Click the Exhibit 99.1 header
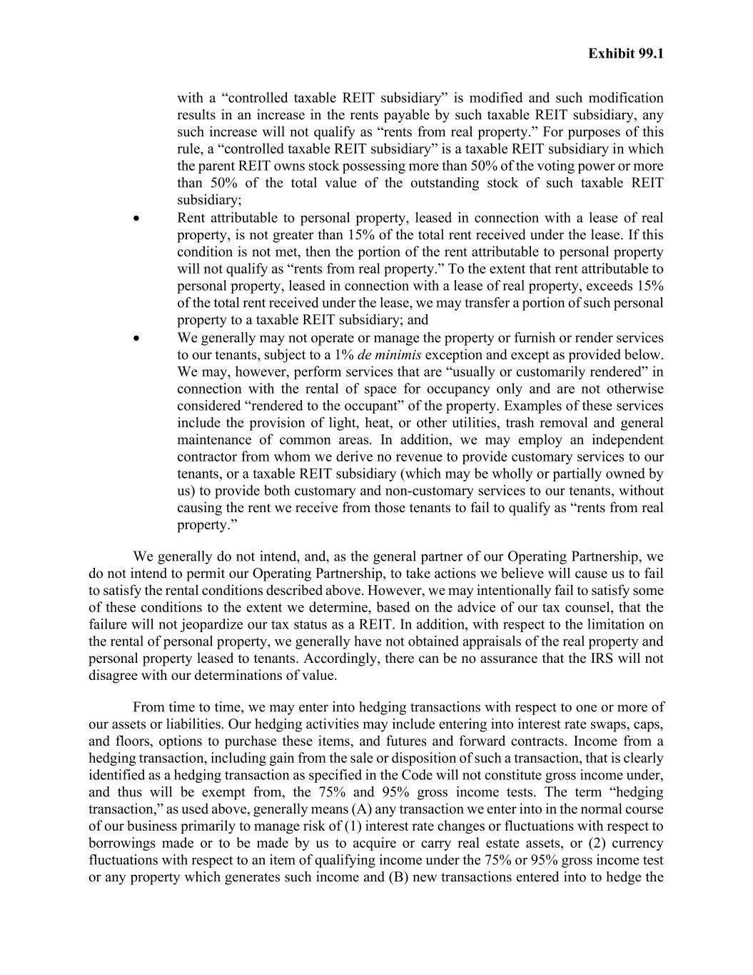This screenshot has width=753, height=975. pyautogui.click(x=626, y=54)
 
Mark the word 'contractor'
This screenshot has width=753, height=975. pyautogui.click(x=207, y=457)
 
